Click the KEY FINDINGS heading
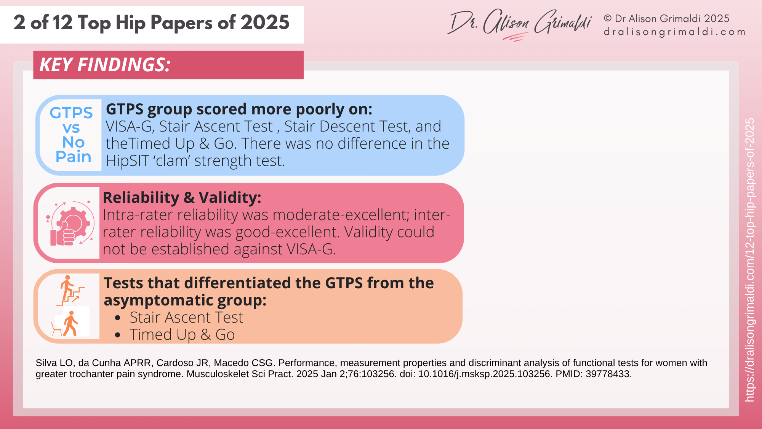tap(105, 65)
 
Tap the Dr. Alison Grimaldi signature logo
tap(520, 24)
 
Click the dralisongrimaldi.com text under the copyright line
tap(674, 32)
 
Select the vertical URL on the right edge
tap(749, 259)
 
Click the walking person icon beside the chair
tap(70, 324)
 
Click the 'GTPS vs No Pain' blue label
tap(71, 135)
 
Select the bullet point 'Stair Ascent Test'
tap(186, 318)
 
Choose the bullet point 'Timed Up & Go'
tap(182, 335)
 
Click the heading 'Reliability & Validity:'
tap(182, 198)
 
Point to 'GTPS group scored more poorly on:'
tap(239, 109)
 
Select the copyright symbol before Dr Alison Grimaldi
tap(608, 19)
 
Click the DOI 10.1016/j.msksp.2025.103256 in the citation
tap(485, 374)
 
